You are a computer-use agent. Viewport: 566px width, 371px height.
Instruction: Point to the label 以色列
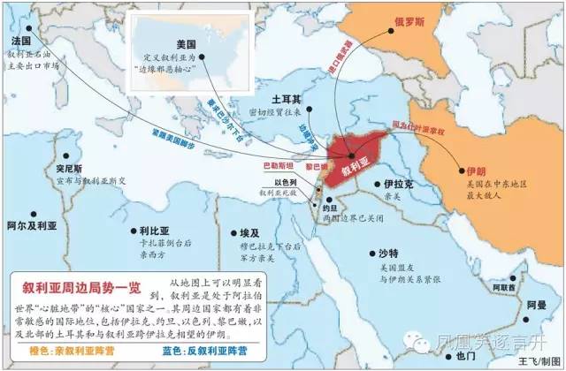[x=285, y=182]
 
